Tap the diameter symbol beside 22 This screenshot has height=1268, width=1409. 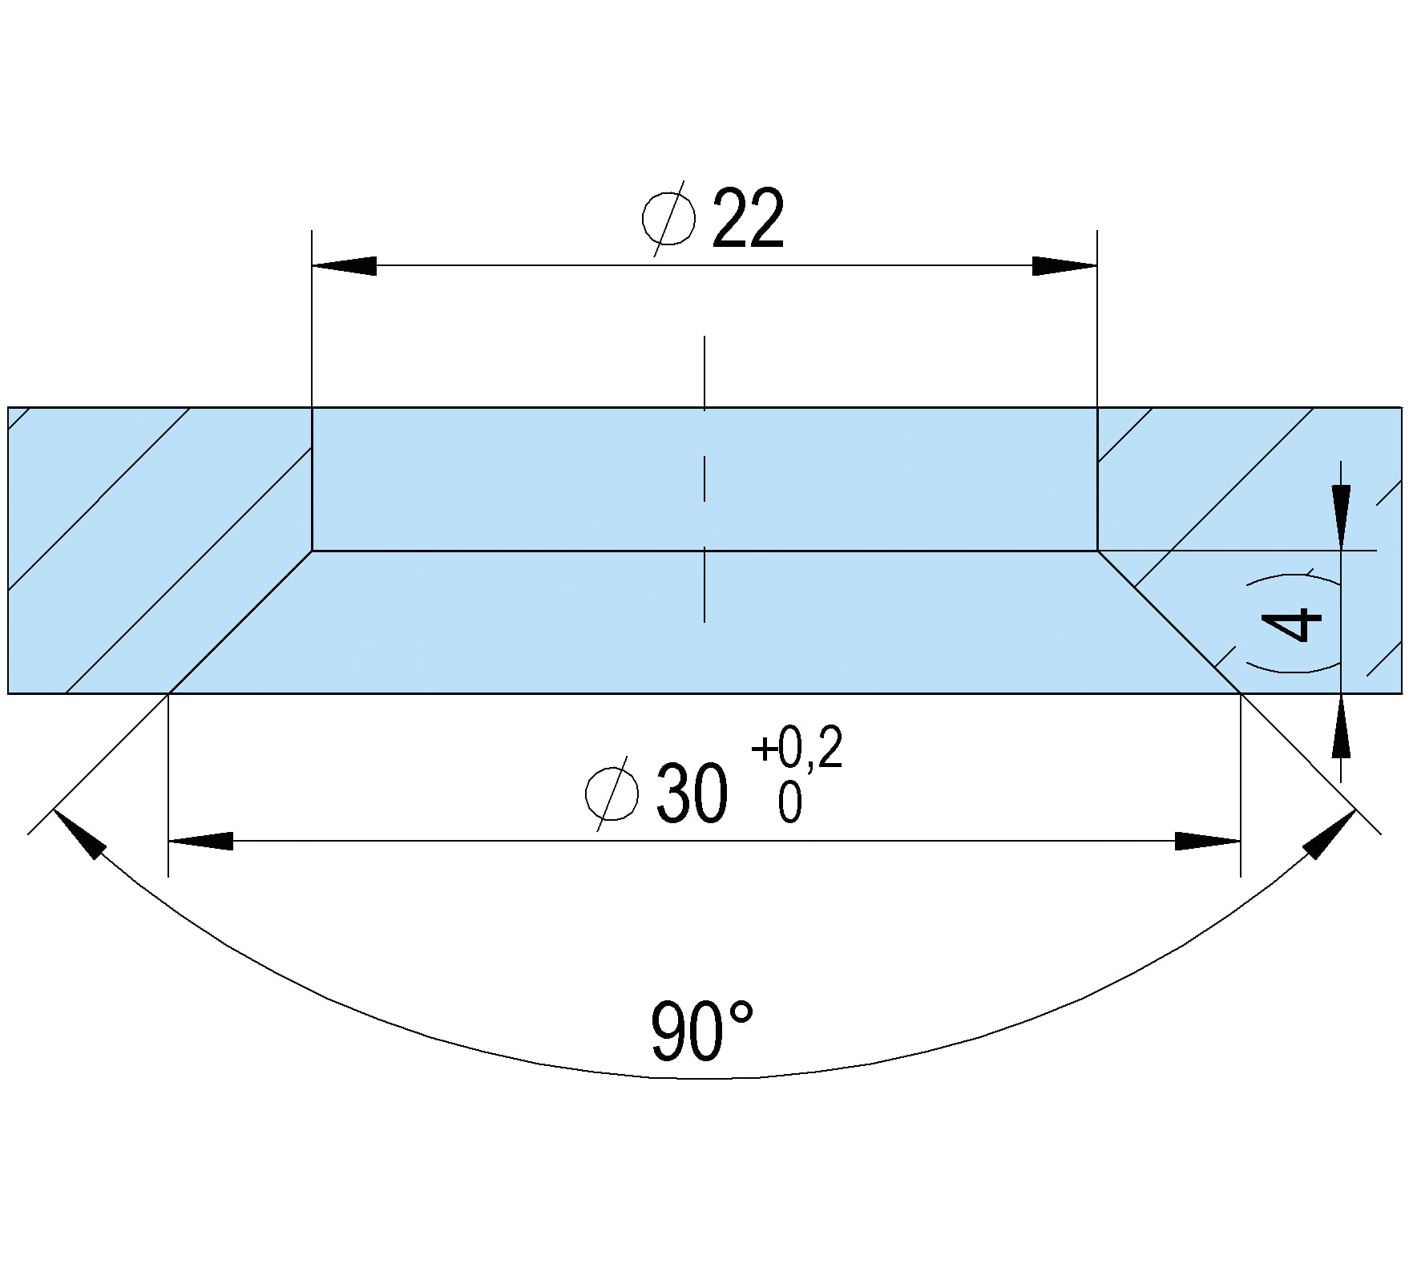tap(669, 218)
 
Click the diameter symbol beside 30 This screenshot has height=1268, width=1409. tap(612, 794)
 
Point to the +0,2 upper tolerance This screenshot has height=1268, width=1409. tap(797, 749)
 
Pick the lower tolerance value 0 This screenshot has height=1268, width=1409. tap(789, 802)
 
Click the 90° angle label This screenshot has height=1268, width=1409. tap(703, 1031)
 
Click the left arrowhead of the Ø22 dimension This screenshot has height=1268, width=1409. tap(344, 265)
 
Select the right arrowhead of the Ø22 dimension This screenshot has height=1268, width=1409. tap(1064, 265)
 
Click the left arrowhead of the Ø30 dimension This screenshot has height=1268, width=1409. tap(200, 841)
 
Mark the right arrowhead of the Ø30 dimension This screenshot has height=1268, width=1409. tap(1208, 841)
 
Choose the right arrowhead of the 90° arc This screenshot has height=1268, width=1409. tap(1330, 834)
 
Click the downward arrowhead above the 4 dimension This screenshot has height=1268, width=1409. tap(1341, 518)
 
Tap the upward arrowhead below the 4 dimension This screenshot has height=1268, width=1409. tap(1341, 725)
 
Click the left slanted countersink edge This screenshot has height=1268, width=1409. tap(240, 622)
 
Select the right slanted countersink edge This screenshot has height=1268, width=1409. tap(1169, 622)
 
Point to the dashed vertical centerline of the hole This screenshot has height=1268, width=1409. tap(704, 479)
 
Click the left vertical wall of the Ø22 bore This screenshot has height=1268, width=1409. tap(312, 479)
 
